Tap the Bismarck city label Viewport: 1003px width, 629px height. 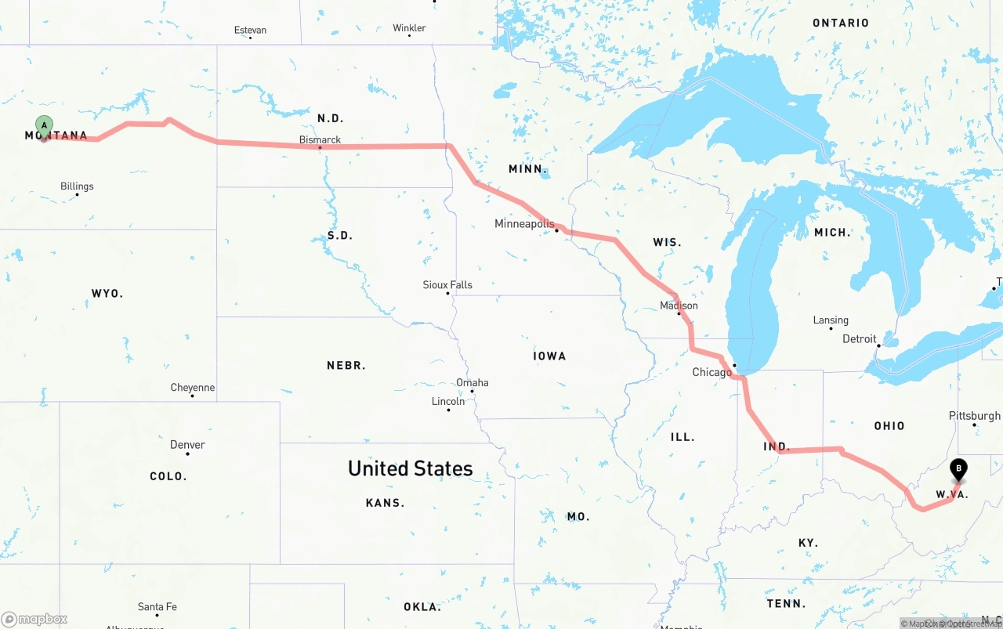[x=320, y=139]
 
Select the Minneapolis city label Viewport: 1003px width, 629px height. [x=524, y=224]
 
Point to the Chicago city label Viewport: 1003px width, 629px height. [x=712, y=372]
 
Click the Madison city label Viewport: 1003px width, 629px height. [x=679, y=305]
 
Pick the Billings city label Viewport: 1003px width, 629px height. [x=77, y=186]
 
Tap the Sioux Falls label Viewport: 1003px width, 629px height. [x=447, y=285]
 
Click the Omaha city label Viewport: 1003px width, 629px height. [x=472, y=383]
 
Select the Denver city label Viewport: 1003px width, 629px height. [x=187, y=445]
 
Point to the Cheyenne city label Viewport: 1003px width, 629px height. [x=192, y=388]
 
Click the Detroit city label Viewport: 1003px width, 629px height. [x=859, y=339]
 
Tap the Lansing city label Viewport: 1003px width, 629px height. [x=831, y=320]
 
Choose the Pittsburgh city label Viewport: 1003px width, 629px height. [x=974, y=416]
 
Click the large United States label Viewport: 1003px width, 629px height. [x=410, y=468]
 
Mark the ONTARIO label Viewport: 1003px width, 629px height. [x=840, y=23]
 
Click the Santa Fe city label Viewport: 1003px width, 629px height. [x=157, y=607]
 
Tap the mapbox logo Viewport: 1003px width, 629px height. [x=34, y=619]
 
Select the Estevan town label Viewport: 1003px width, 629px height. [x=250, y=31]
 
